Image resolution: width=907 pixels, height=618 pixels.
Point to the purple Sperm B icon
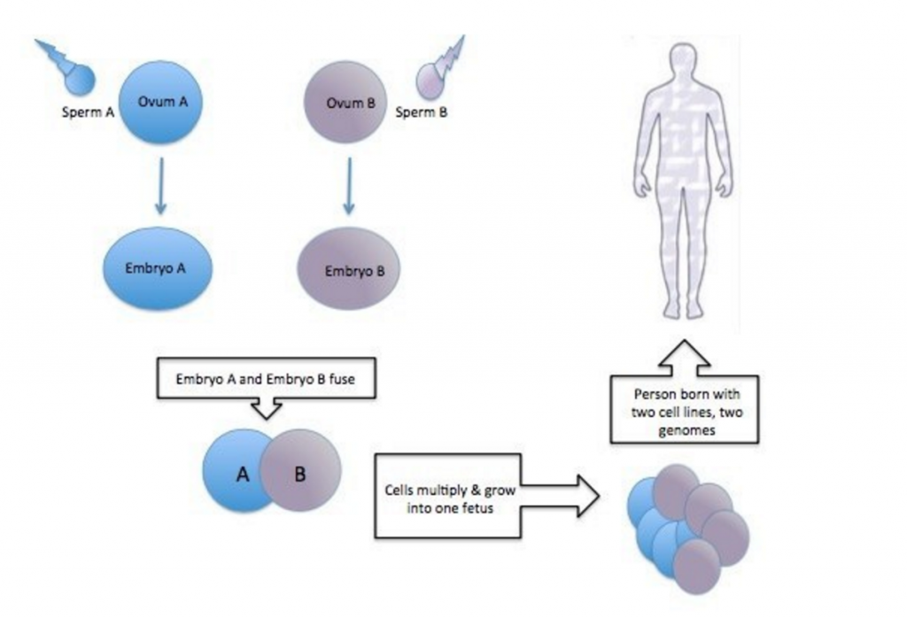[x=433, y=77]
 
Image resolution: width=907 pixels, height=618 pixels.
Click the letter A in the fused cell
[x=241, y=475]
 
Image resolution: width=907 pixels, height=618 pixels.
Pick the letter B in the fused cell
[x=299, y=475]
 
